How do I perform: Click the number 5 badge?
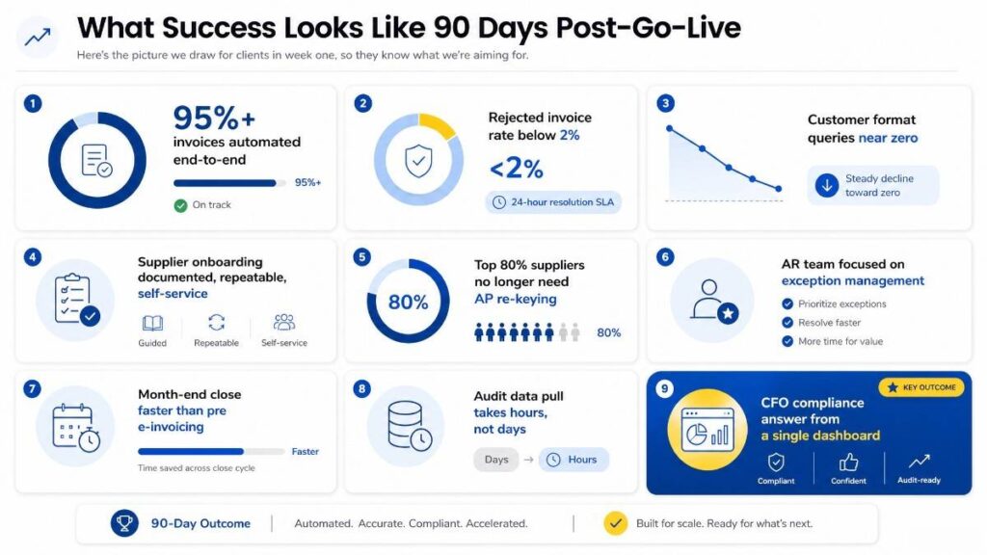click(x=361, y=256)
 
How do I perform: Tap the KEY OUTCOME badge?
click(x=920, y=387)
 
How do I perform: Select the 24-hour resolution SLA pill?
click(x=553, y=202)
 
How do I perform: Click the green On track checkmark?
click(x=180, y=205)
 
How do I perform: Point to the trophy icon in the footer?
click(x=124, y=523)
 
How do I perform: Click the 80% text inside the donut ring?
click(x=408, y=303)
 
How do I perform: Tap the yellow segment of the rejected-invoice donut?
click(x=438, y=124)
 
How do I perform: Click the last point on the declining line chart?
click(x=779, y=189)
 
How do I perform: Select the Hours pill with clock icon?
click(x=573, y=460)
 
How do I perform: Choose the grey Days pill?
click(x=496, y=460)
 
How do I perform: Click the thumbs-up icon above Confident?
click(x=848, y=462)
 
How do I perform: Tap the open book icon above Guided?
click(x=152, y=324)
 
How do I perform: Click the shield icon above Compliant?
click(x=776, y=462)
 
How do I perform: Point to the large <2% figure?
click(x=517, y=168)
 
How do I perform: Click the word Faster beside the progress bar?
click(x=306, y=451)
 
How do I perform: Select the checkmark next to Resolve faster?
click(x=787, y=323)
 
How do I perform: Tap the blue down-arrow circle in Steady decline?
click(x=826, y=185)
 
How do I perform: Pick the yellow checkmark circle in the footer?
click(x=616, y=523)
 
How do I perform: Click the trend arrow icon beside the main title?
click(x=38, y=38)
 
